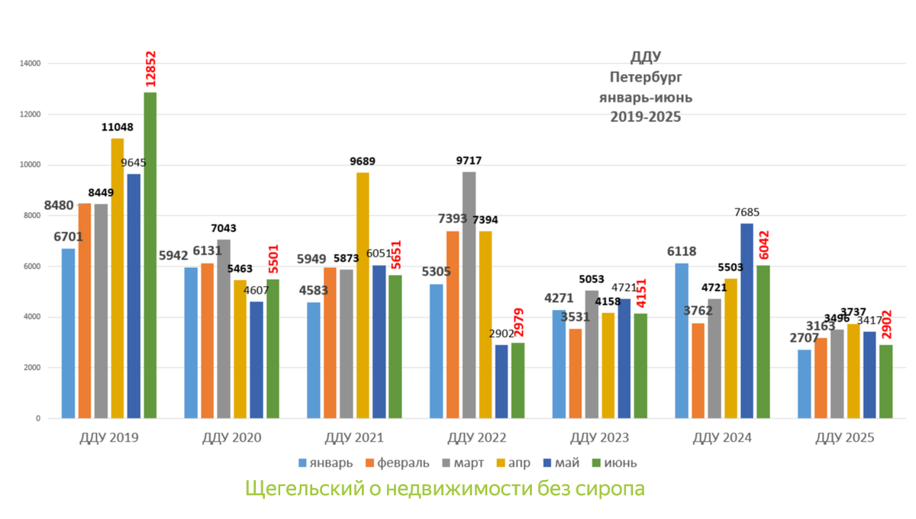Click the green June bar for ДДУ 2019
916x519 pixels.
coord(150,256)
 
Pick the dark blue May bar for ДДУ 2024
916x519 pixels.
coord(747,321)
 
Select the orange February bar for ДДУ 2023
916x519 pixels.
coord(575,373)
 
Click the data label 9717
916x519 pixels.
coord(469,161)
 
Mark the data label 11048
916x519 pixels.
coord(118,127)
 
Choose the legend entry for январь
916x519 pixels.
coord(325,463)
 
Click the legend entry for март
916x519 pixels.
coord(466,463)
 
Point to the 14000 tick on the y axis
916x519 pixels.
coord(31,63)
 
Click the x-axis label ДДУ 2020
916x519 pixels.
coord(231,438)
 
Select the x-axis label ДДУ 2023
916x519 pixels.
coord(599,438)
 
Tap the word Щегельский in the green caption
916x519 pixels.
coord(302,488)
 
